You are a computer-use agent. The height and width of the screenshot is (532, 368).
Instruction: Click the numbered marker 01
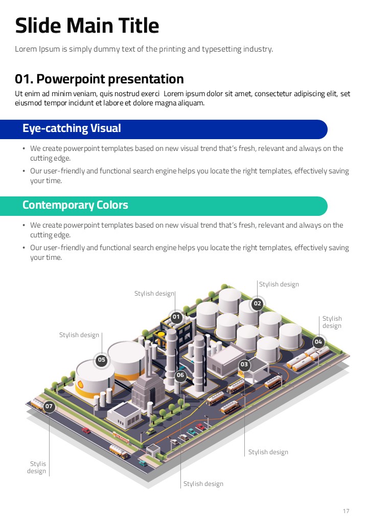tap(176, 317)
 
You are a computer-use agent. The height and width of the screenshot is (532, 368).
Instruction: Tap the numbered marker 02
tap(257, 304)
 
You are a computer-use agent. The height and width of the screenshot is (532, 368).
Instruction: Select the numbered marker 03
tap(244, 365)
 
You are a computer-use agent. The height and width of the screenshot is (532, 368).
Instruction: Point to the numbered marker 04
tap(318, 342)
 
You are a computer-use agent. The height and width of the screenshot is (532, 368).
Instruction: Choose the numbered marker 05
tap(102, 360)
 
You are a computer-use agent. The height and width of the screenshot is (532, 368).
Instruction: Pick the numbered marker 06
tap(180, 375)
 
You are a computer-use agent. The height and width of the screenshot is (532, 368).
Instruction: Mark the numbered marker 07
tap(49, 407)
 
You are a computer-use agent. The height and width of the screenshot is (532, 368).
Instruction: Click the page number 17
tap(346, 511)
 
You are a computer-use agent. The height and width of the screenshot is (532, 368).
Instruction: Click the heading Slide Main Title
tap(87, 26)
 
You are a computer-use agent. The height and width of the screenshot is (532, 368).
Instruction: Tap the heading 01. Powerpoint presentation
tap(99, 79)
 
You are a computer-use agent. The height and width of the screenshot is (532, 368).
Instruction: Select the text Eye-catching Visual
tap(72, 128)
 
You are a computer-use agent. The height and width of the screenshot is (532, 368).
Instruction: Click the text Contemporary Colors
tap(75, 205)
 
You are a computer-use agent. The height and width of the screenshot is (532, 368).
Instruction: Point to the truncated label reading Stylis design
tap(37, 468)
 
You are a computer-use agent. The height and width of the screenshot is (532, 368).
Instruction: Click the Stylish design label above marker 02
tap(279, 284)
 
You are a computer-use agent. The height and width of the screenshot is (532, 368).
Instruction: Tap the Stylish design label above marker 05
tap(79, 335)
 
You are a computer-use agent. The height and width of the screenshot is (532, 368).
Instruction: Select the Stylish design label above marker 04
tap(332, 322)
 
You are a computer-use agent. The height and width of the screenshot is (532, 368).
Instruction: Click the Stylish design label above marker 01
tap(154, 294)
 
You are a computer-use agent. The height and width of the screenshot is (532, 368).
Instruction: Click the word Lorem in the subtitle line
tap(25, 49)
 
